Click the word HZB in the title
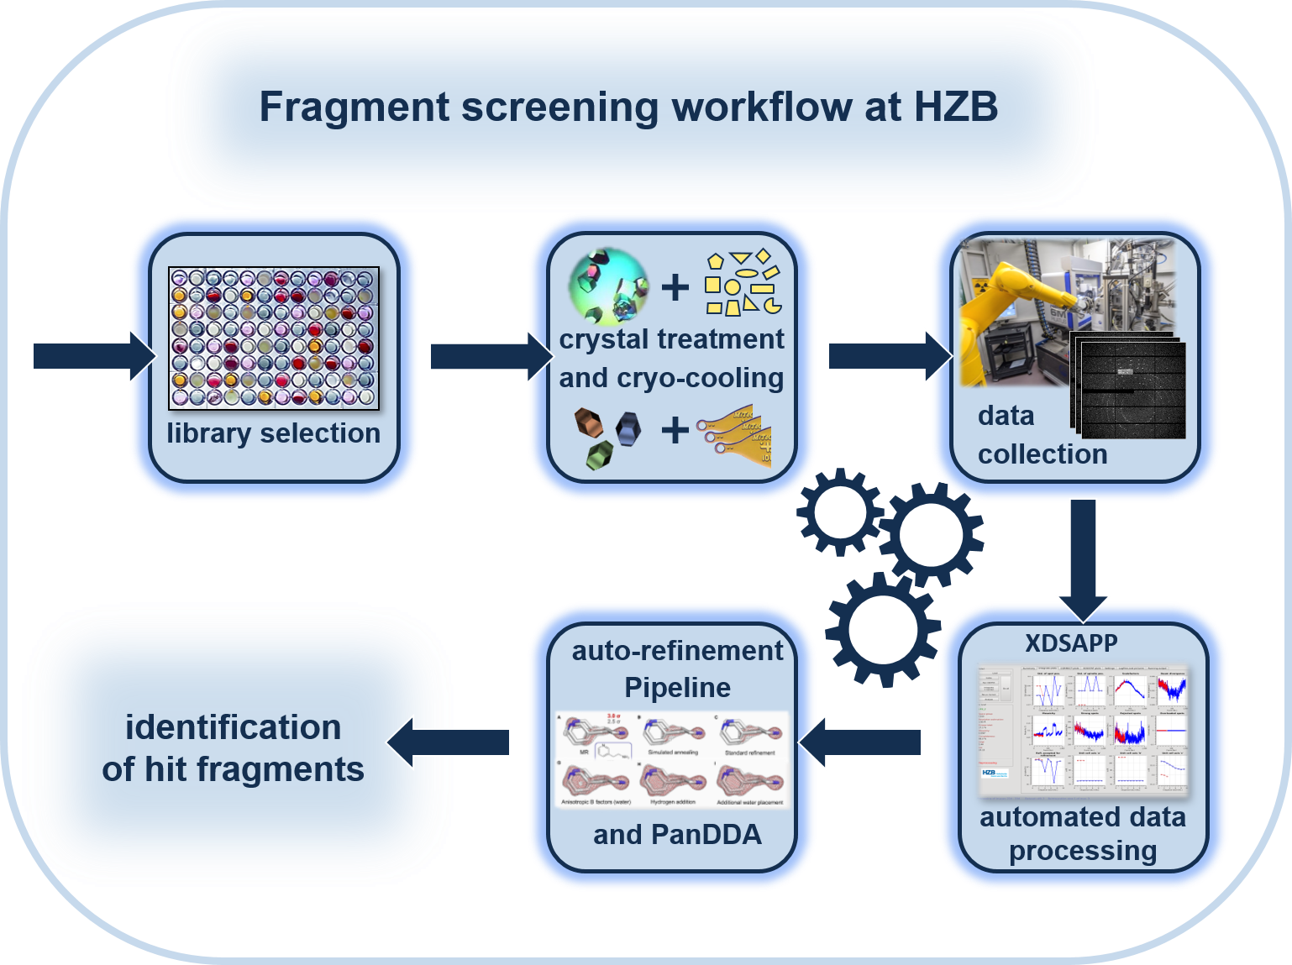[x=955, y=107]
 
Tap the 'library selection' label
[x=273, y=433]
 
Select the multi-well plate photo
[x=274, y=338]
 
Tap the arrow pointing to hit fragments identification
[x=449, y=742]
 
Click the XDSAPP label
[x=1071, y=643]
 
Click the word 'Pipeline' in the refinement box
[x=677, y=688]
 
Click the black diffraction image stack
[x=1130, y=386]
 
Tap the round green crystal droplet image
[x=609, y=286]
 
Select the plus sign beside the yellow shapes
[x=675, y=287]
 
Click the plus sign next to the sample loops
[x=675, y=431]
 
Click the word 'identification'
[x=233, y=727]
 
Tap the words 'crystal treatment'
[x=671, y=339]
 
